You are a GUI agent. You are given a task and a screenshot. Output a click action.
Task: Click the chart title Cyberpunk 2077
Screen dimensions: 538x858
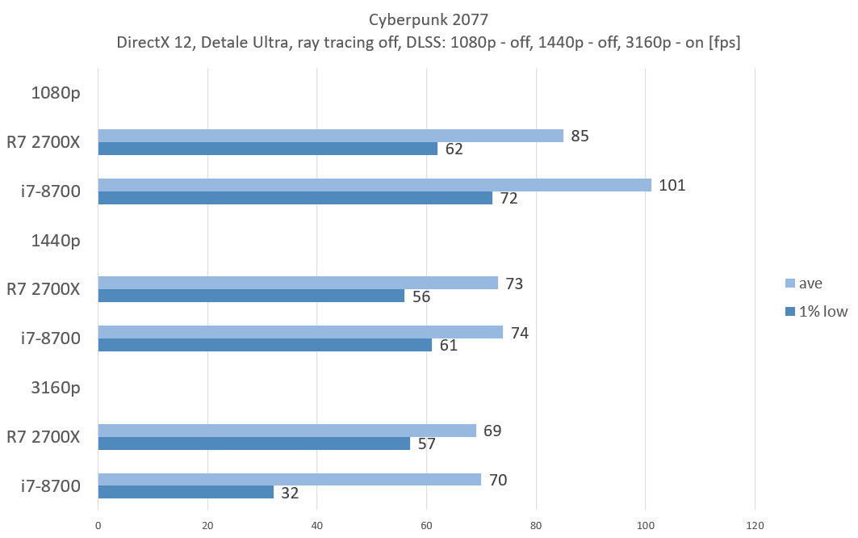pyautogui.click(x=428, y=20)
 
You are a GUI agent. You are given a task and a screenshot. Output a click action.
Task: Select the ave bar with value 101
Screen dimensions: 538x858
pyautogui.click(x=375, y=185)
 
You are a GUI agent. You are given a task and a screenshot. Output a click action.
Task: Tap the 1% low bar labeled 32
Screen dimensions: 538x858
pyautogui.click(x=186, y=492)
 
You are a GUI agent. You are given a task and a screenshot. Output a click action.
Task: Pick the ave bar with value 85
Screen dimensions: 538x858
pyautogui.click(x=331, y=136)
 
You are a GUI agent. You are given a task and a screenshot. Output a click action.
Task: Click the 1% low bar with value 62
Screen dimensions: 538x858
pyautogui.click(x=268, y=149)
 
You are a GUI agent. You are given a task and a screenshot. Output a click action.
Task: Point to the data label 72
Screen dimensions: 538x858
pyautogui.click(x=509, y=199)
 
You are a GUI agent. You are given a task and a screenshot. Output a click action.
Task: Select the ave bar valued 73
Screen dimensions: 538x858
pyautogui.click(x=298, y=283)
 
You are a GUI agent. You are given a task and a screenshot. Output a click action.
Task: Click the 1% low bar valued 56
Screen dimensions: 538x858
pyautogui.click(x=251, y=296)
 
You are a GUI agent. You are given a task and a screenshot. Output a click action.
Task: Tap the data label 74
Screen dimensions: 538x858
pyautogui.click(x=519, y=332)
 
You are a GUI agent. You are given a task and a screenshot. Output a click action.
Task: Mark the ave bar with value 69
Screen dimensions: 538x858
pyautogui.click(x=287, y=431)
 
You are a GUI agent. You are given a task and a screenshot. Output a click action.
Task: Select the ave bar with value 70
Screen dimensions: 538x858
pyautogui.click(x=290, y=479)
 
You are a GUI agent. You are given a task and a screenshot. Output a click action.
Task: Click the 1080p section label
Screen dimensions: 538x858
pyautogui.click(x=56, y=92)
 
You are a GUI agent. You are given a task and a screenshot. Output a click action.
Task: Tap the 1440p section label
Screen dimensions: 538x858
pyautogui.click(x=56, y=240)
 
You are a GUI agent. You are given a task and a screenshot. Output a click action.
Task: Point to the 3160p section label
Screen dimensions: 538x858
pyautogui.click(x=56, y=388)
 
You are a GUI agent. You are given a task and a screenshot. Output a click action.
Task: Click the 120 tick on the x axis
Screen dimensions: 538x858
pyautogui.click(x=754, y=526)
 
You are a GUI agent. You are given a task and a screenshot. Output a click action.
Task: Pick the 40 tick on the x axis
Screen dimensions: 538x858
pyautogui.click(x=317, y=526)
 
